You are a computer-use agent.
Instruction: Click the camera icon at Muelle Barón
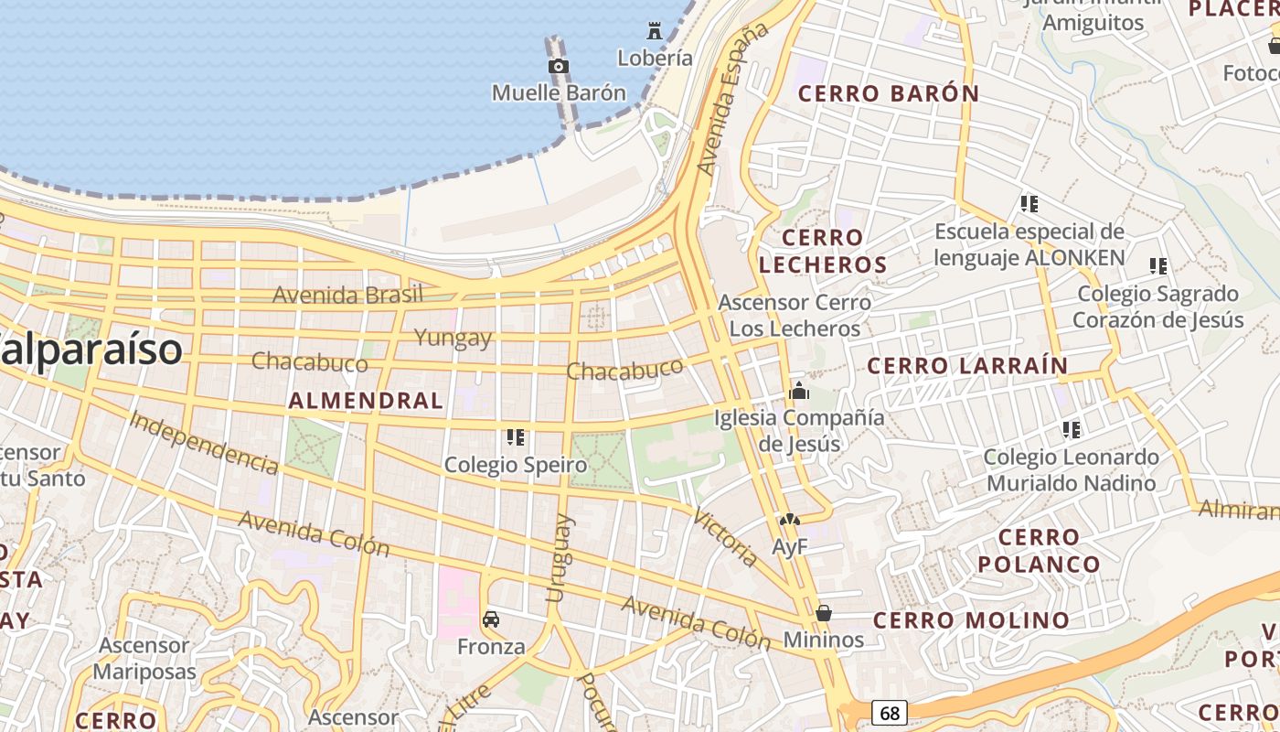tap(559, 66)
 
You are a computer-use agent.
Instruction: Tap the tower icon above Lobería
tap(655, 30)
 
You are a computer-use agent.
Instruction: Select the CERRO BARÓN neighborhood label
tap(889, 93)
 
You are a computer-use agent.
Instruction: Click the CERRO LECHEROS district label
tap(823, 252)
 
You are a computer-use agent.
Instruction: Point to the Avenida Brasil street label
tap(347, 295)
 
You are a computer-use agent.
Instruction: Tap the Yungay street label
tap(453, 338)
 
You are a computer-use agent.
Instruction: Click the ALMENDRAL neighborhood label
tap(366, 401)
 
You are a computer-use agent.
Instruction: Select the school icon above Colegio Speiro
tap(516, 437)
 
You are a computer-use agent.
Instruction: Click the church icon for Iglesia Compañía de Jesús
tap(799, 392)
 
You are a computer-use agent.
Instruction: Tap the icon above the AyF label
tap(790, 521)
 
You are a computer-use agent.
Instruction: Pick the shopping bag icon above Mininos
tap(824, 613)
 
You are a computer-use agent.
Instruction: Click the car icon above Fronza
tap(491, 619)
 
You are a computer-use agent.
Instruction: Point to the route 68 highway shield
tap(889, 712)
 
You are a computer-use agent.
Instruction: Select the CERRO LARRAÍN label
tap(967, 366)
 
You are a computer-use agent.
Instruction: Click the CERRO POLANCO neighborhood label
tap(1040, 550)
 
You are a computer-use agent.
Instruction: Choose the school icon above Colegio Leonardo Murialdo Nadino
tap(1072, 429)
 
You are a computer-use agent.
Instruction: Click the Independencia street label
tap(204, 444)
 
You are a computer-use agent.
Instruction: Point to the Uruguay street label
tap(559, 558)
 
